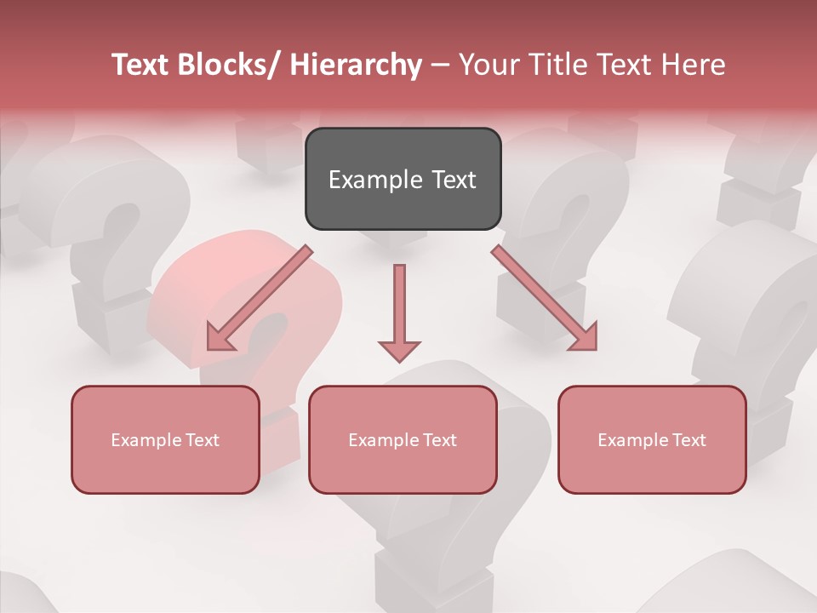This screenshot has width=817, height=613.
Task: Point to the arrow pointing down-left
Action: [259, 298]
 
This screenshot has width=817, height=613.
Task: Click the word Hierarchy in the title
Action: [356, 65]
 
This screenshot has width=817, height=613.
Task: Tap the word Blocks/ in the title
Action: [227, 65]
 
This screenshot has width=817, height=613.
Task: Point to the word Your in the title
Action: [487, 65]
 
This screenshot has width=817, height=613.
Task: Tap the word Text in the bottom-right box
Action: [687, 440]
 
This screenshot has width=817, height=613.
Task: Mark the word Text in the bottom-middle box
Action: [437, 440]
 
